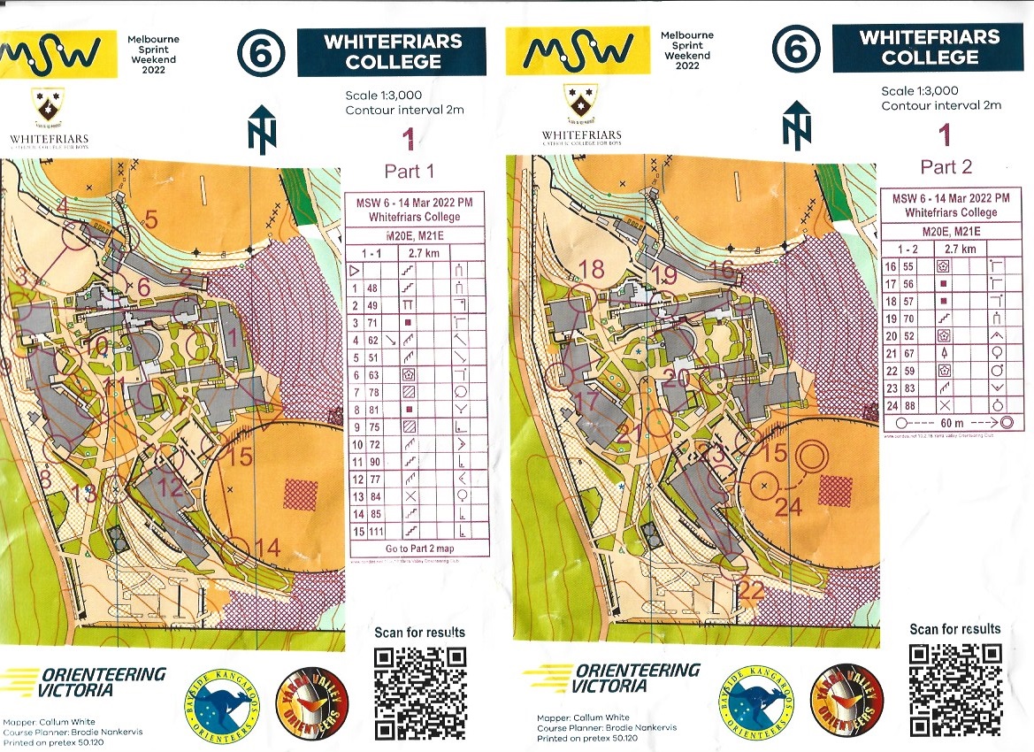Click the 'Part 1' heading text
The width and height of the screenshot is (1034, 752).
point(410,170)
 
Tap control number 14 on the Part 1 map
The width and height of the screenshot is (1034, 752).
point(268,549)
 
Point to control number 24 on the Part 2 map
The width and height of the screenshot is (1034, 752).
point(788,507)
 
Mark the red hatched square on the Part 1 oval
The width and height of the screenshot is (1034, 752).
point(300,494)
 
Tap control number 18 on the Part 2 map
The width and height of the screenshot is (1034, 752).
point(591,268)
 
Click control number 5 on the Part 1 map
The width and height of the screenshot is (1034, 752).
point(150,219)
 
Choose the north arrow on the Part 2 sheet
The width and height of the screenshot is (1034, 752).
point(796,124)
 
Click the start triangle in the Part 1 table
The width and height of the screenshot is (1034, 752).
point(356,271)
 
